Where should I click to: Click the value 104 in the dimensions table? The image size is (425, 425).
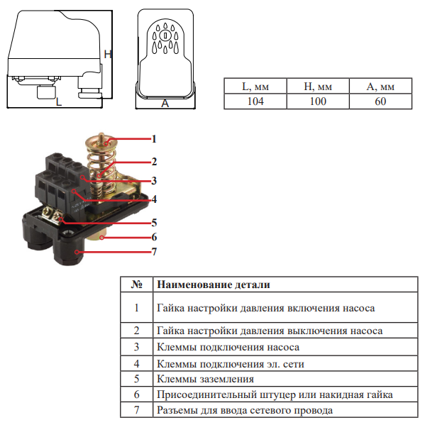pyautogui.click(x=255, y=101)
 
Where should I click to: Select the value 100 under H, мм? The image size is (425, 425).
pyautogui.click(x=318, y=101)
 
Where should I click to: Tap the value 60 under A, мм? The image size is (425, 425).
pyautogui.click(x=380, y=101)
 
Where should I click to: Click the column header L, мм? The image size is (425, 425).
pyautogui.click(x=255, y=87)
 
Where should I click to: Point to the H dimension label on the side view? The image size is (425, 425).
pyautogui.click(x=108, y=54)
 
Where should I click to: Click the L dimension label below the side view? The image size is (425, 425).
pyautogui.click(x=59, y=101)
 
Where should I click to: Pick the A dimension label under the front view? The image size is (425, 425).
pyautogui.click(x=165, y=104)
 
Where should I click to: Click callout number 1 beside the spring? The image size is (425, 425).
pyautogui.click(x=154, y=139)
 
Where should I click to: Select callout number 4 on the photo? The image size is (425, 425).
pyautogui.click(x=154, y=199)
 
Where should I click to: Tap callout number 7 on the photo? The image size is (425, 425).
pyautogui.click(x=154, y=252)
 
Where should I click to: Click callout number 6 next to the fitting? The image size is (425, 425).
pyautogui.click(x=154, y=237)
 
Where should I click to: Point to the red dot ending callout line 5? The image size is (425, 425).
pyautogui.click(x=62, y=219)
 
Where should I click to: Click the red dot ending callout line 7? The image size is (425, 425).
pyautogui.click(x=77, y=252)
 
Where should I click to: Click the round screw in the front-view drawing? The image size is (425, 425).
pyautogui.click(x=165, y=35)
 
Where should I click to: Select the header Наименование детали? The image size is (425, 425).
pyautogui.click(x=214, y=285)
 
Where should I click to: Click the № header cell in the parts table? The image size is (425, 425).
pyautogui.click(x=137, y=285)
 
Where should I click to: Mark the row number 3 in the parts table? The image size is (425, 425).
pyautogui.click(x=137, y=347)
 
